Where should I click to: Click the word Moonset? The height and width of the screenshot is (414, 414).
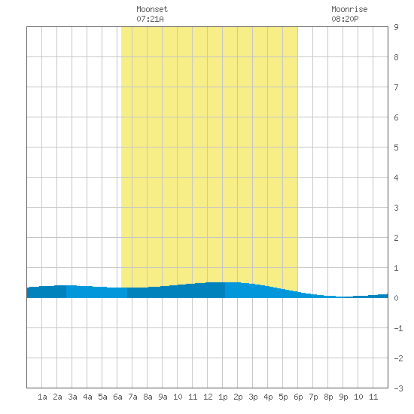(152, 9)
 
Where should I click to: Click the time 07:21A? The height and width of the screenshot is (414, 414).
(150, 19)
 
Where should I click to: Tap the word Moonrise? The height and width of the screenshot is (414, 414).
(349, 9)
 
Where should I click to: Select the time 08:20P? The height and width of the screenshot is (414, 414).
(345, 19)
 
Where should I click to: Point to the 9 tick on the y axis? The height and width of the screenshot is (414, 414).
(396, 27)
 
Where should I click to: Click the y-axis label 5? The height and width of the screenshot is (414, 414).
(396, 148)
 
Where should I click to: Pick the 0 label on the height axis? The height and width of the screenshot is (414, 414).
(396, 298)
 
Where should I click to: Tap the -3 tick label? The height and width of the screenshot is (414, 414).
(398, 388)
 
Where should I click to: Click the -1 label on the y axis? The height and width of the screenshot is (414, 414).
(398, 328)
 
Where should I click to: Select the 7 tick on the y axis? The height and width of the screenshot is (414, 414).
(396, 87)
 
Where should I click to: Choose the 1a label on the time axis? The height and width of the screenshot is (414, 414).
(42, 397)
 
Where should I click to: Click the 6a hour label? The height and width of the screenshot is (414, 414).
(117, 397)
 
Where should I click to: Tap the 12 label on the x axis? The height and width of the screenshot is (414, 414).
(208, 397)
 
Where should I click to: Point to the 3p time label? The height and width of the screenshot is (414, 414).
(253, 397)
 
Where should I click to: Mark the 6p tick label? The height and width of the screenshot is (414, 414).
(298, 397)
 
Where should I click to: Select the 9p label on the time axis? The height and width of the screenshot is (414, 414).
(343, 397)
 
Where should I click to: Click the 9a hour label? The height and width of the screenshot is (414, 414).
(163, 397)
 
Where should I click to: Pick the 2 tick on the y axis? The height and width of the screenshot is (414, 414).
(396, 238)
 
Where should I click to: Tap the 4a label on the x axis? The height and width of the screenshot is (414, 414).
(87, 397)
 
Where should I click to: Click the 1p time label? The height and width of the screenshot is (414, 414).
(223, 397)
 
